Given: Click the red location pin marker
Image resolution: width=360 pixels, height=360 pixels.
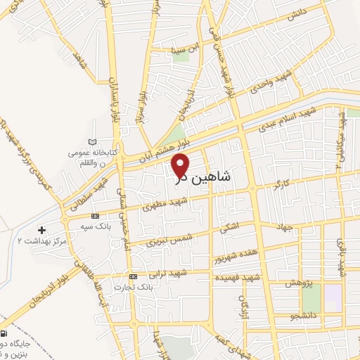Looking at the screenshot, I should pyautogui.click(x=181, y=166).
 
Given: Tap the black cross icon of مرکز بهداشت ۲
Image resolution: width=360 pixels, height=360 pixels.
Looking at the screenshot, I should pyautogui.click(x=41, y=230).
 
